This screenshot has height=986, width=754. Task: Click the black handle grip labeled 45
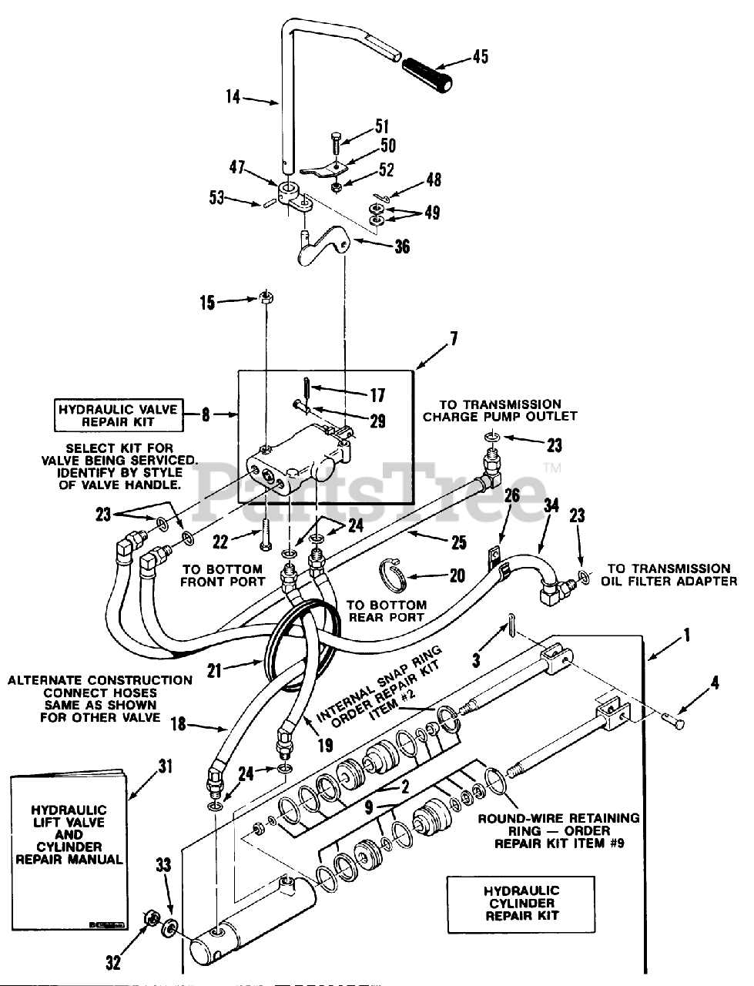428,73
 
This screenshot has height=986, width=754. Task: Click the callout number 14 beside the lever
234,97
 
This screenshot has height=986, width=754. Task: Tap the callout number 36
401,246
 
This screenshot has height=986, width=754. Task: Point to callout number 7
454,337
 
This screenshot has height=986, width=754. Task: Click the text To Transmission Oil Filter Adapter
669,575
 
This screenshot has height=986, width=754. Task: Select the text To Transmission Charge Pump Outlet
500,410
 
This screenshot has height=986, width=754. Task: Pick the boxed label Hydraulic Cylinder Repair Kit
521,904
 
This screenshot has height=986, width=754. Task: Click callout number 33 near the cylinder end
163,866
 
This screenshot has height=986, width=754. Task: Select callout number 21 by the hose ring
213,671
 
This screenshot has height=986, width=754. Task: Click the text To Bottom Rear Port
387,612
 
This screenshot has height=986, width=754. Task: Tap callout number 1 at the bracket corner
686,636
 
